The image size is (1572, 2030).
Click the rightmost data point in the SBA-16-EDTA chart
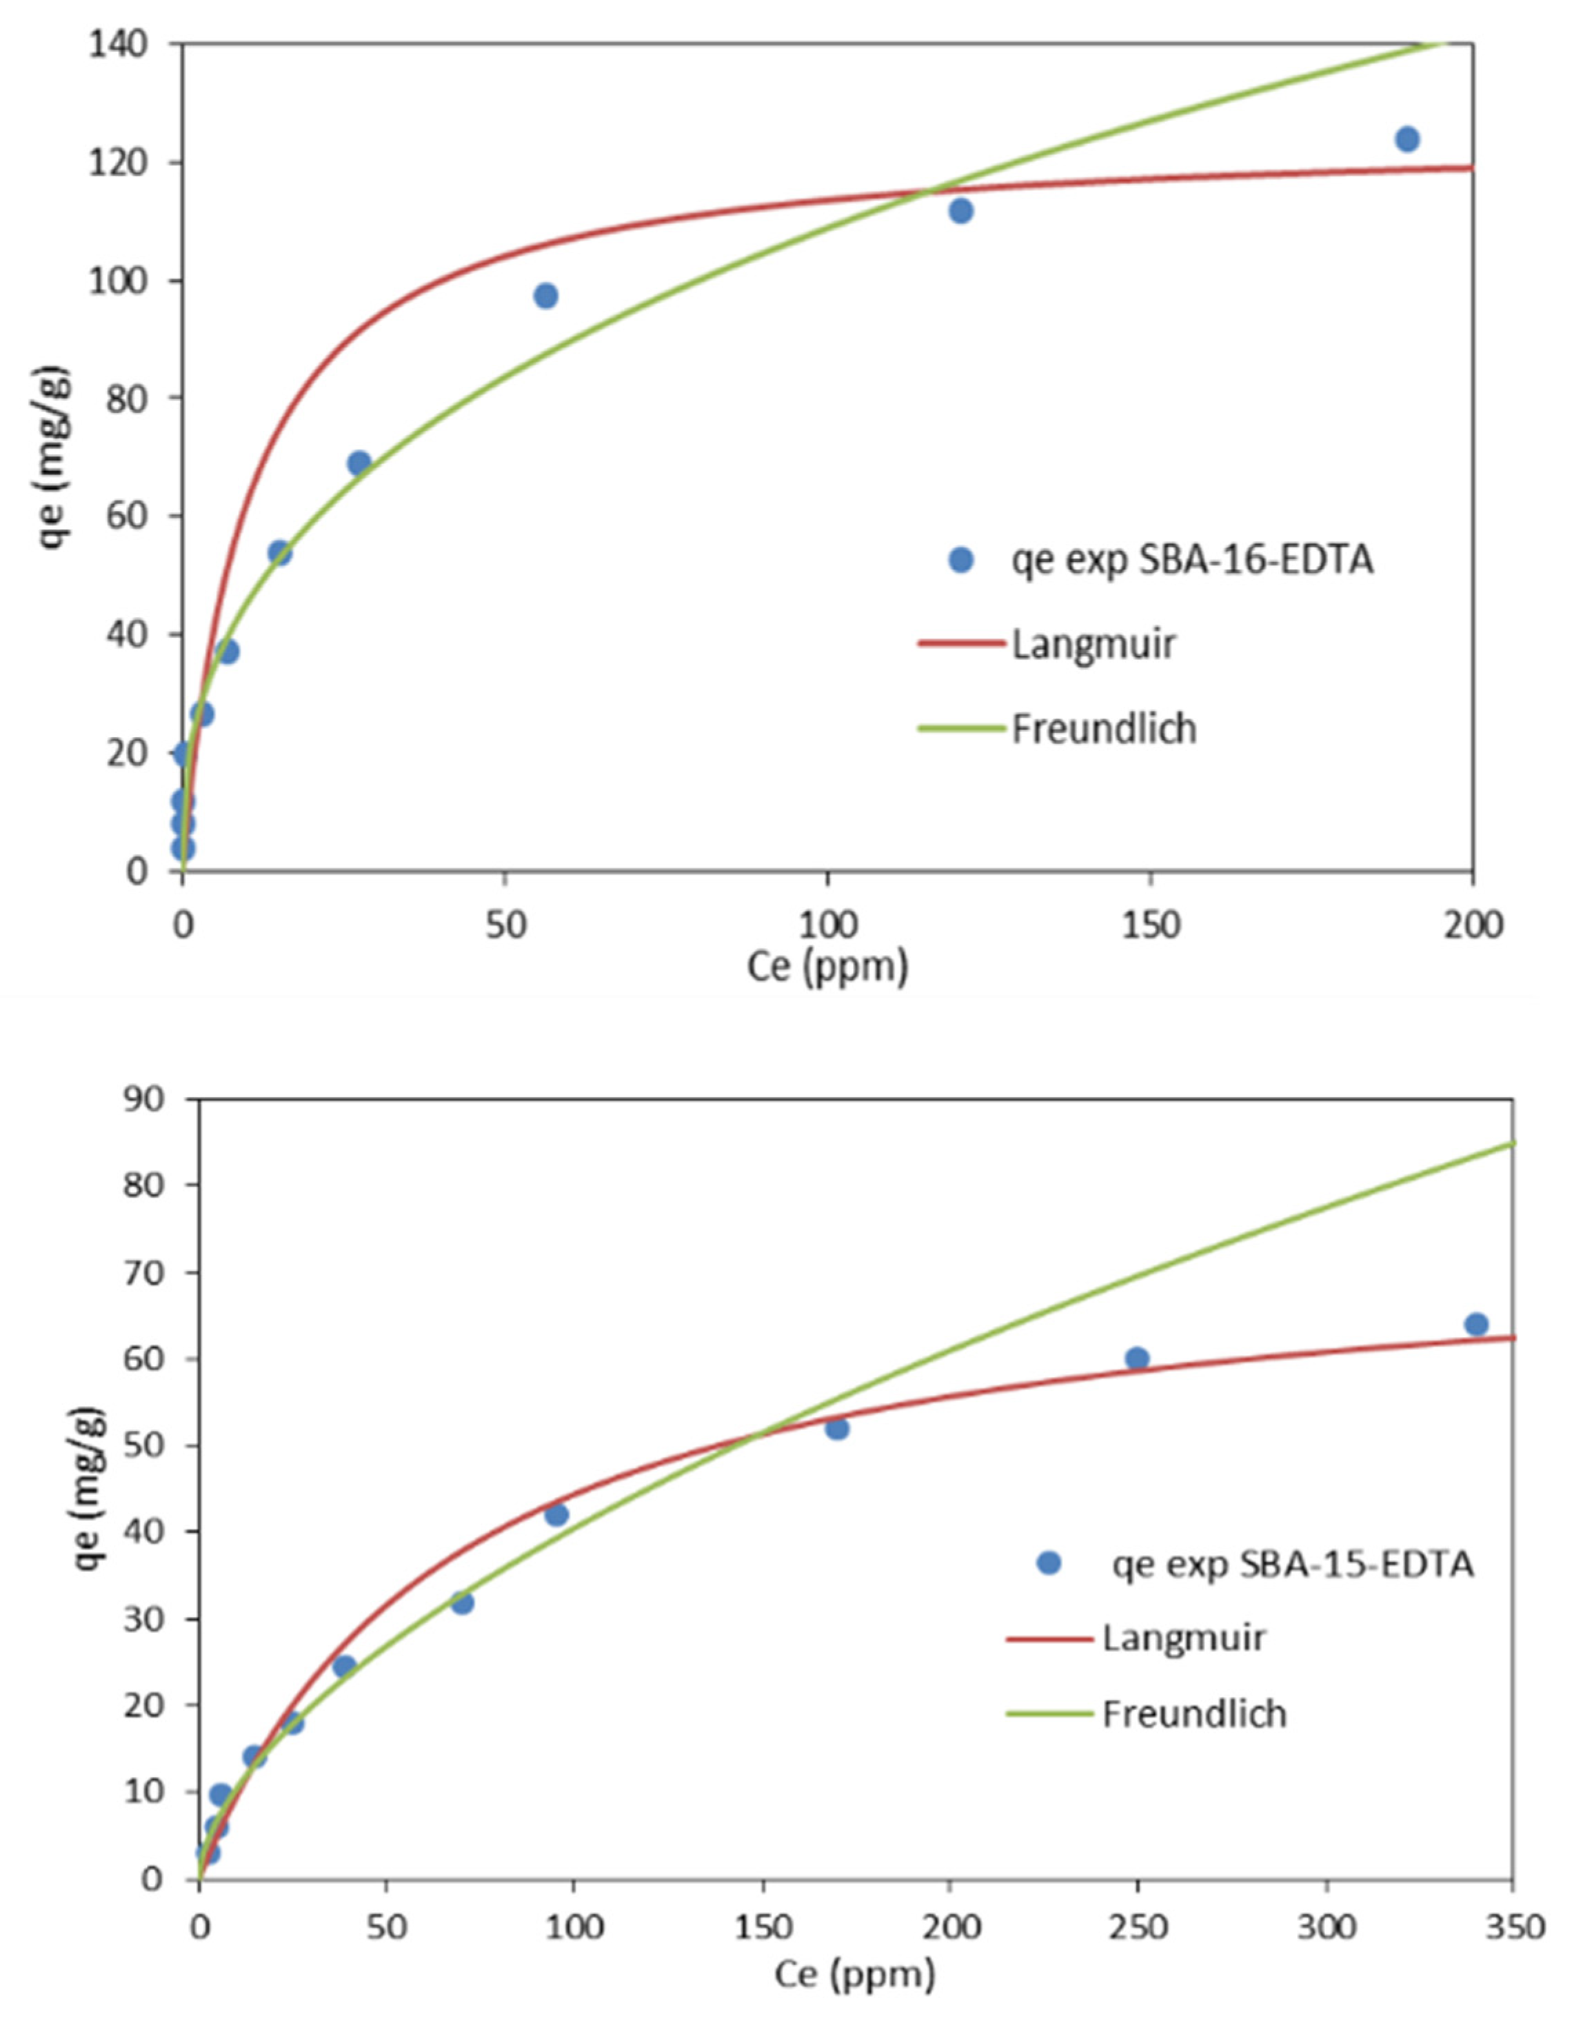point(1407,139)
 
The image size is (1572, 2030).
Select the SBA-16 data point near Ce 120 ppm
point(961,211)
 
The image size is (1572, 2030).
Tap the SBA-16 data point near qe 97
point(545,297)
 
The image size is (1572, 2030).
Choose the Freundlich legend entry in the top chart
point(1103,729)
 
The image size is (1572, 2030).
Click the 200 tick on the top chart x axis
point(1473,925)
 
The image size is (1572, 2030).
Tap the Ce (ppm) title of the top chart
point(827,967)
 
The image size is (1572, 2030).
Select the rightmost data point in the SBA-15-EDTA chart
point(1476,1325)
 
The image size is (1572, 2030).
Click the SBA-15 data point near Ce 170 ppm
point(836,1428)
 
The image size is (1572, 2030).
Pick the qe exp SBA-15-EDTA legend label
point(1292,1565)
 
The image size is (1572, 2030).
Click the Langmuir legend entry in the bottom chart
point(1183,1637)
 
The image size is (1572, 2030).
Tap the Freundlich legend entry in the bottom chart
point(1193,1713)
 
